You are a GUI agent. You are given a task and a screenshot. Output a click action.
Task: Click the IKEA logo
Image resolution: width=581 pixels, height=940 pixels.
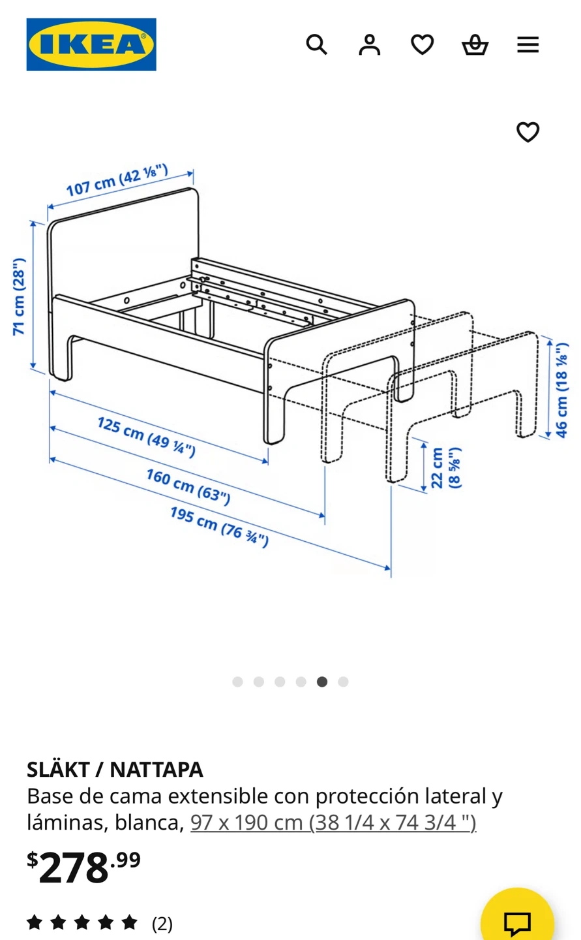(x=91, y=44)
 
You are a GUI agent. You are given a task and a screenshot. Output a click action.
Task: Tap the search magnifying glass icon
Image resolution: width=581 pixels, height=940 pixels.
(x=316, y=44)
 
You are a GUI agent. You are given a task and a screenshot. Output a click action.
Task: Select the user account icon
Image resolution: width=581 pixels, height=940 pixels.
(x=369, y=45)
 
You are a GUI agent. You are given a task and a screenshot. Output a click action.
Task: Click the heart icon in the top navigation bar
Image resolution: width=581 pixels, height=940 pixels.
(x=422, y=44)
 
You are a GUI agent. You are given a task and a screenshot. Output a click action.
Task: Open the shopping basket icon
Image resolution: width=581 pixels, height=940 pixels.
(x=475, y=45)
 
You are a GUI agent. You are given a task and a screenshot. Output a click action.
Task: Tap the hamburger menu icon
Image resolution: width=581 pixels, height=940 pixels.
(x=528, y=44)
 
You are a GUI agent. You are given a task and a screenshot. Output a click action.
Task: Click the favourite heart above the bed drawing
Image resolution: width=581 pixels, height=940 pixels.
(x=528, y=132)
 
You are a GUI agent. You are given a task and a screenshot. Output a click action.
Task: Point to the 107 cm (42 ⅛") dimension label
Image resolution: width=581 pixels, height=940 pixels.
(x=117, y=180)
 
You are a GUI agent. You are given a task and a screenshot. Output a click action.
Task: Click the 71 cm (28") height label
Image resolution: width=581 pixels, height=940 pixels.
(x=20, y=296)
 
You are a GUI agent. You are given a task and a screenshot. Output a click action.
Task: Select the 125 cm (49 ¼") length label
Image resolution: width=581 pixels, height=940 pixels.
(x=146, y=437)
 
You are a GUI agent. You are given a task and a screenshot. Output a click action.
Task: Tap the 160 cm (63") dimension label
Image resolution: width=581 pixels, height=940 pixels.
(x=188, y=487)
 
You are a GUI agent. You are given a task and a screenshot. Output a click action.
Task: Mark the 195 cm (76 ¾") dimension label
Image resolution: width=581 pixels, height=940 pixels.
(x=219, y=527)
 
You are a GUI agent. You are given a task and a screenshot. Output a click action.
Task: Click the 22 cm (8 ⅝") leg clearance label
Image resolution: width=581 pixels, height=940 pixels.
(x=445, y=468)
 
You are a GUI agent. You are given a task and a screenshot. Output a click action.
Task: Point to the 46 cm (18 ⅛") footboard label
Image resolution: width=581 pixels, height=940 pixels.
(x=561, y=390)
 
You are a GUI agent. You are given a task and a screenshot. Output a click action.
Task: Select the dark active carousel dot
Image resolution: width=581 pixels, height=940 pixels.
(x=322, y=682)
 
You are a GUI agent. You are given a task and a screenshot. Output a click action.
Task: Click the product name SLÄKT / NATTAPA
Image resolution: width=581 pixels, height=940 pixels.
(x=115, y=770)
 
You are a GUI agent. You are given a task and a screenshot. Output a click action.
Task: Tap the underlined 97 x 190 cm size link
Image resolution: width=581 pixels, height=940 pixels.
(x=333, y=822)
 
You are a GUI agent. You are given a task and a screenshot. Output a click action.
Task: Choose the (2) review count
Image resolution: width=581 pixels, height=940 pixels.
(x=162, y=924)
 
